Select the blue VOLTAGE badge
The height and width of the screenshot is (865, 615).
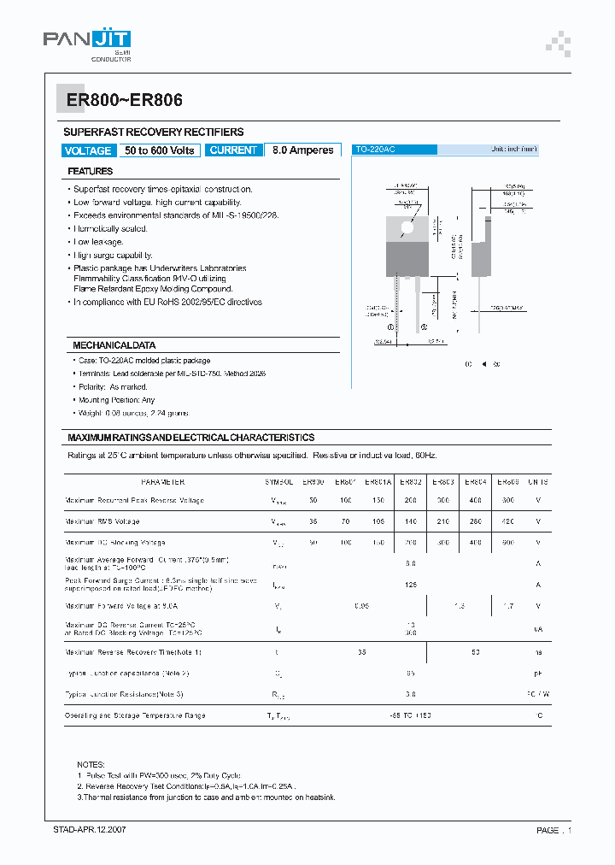click(x=88, y=150)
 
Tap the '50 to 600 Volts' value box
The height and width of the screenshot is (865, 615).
click(x=160, y=150)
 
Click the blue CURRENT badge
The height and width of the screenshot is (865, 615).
click(x=233, y=150)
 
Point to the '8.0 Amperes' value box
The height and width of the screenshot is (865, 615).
click(x=303, y=150)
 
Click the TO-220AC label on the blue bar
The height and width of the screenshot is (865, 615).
click(x=376, y=150)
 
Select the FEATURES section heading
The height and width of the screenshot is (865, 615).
click(x=91, y=172)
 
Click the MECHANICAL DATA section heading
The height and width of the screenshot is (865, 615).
click(x=114, y=345)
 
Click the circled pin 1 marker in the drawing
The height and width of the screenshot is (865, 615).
click(x=392, y=327)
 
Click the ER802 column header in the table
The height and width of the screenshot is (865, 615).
click(x=411, y=482)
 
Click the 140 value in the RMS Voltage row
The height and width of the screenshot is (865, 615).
click(x=411, y=521)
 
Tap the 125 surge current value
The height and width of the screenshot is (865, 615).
click(x=411, y=585)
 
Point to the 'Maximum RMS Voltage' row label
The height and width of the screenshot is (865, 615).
click(x=102, y=521)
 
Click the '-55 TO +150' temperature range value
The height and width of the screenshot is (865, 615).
click(x=411, y=715)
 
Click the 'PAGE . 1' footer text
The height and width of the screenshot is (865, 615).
click(x=553, y=830)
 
